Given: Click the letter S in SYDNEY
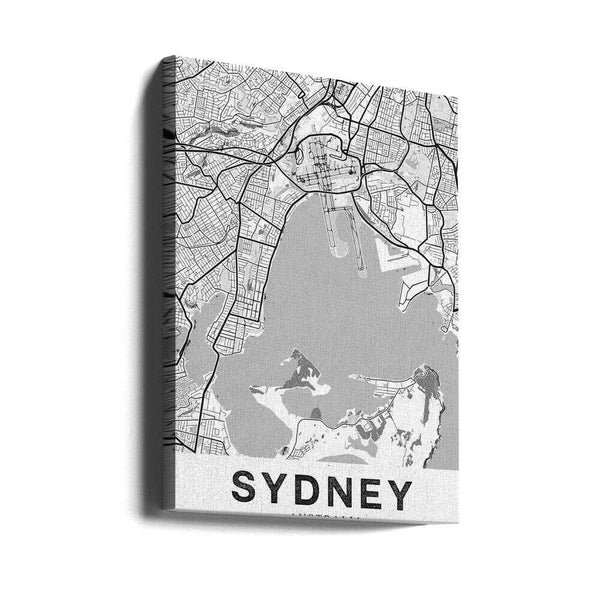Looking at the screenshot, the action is coord(247,492).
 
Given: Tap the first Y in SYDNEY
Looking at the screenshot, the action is coord(279,492).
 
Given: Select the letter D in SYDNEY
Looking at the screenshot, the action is coord(312,492).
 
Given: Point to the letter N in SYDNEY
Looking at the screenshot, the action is coord(346,492).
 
